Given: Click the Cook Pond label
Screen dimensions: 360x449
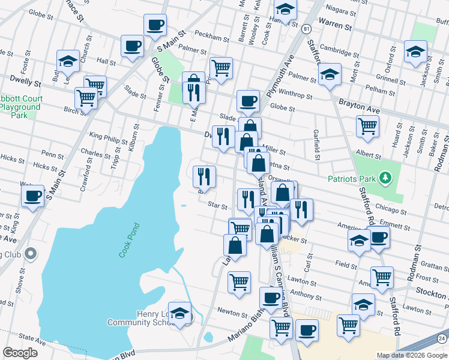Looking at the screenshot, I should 129,241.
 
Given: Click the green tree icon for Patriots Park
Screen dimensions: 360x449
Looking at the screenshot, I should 388,178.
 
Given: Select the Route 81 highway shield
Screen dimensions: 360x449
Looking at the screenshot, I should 307,29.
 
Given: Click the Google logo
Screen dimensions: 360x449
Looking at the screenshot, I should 20,352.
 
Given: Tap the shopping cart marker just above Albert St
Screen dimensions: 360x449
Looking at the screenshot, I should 367,127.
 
